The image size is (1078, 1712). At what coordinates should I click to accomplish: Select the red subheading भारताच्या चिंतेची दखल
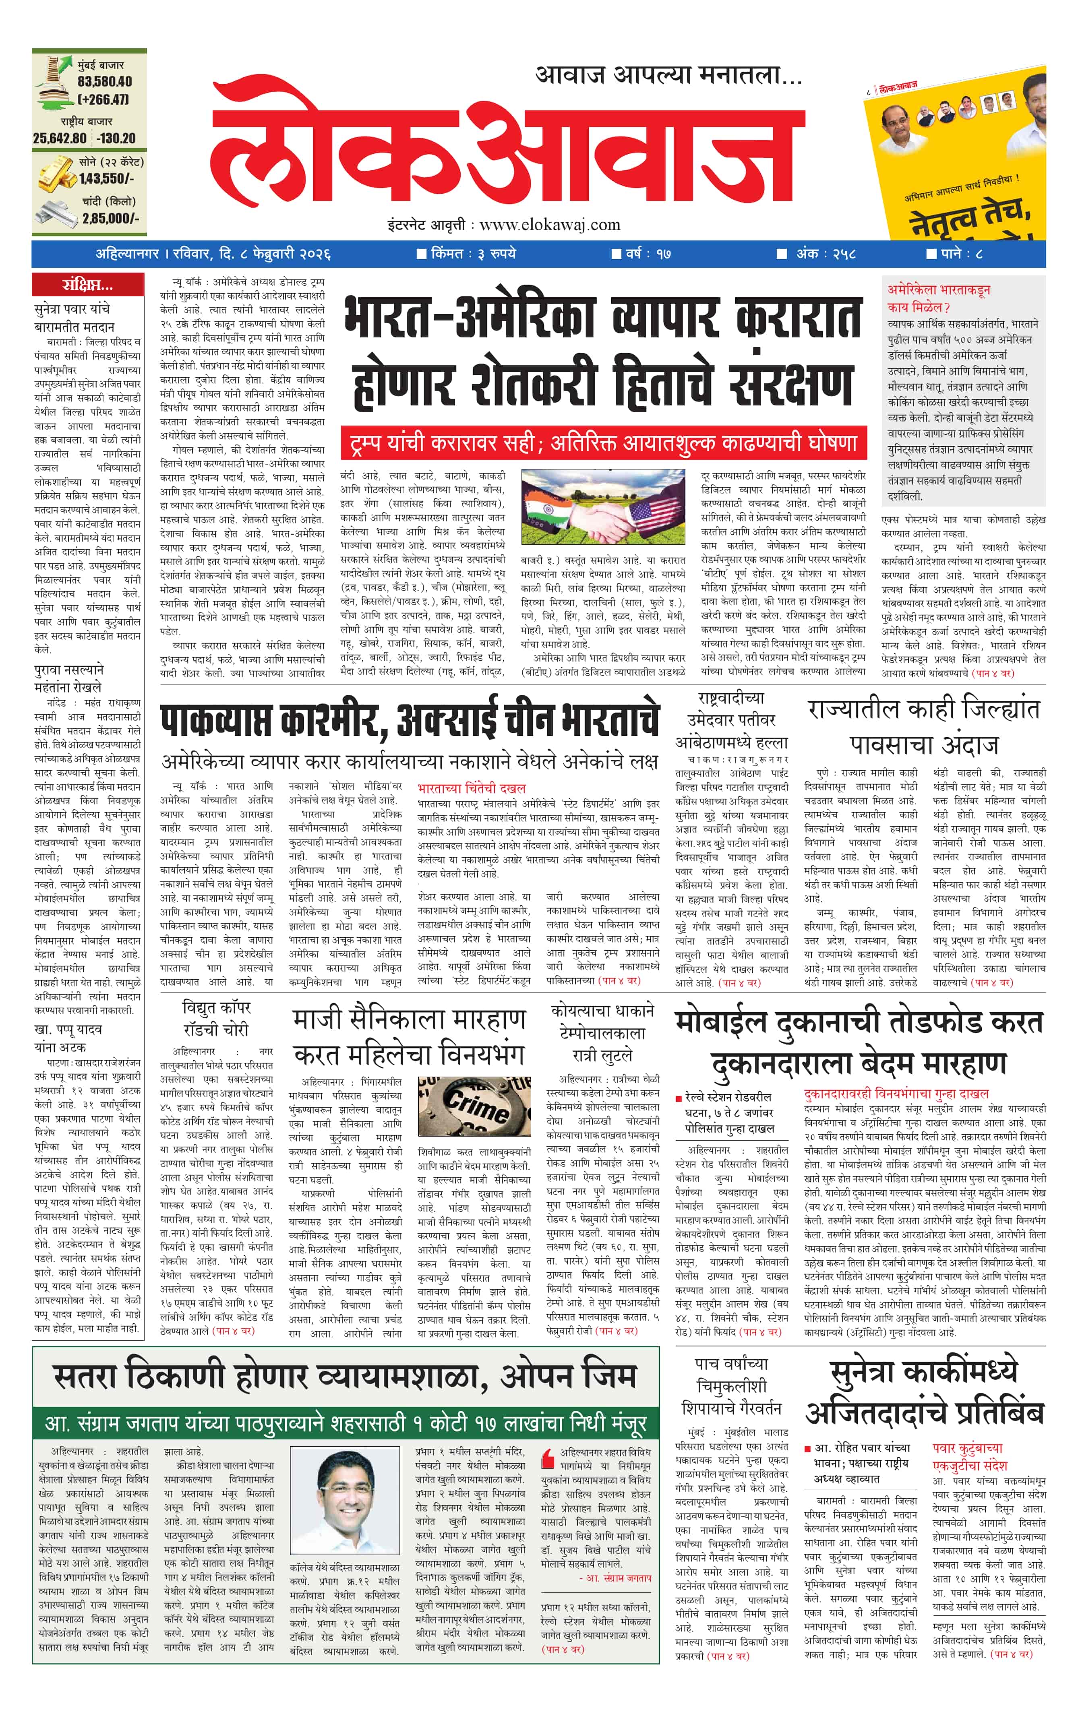point(472,788)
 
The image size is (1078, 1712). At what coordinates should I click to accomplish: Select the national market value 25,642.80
point(60,138)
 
